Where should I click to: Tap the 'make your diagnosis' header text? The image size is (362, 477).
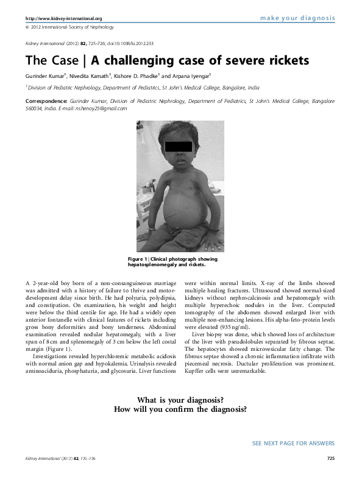click(x=297, y=18)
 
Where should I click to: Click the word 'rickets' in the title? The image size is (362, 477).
click(x=277, y=62)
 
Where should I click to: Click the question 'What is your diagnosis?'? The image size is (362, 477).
click(x=180, y=398)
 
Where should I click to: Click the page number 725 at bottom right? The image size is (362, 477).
click(x=330, y=458)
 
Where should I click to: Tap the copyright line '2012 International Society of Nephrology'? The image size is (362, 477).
click(x=68, y=29)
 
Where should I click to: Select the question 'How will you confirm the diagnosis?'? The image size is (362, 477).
click(x=180, y=409)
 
